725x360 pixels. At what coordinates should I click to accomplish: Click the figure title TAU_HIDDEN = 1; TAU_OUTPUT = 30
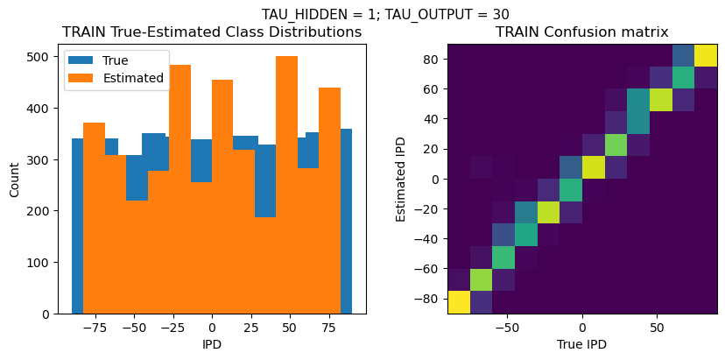tap(385, 14)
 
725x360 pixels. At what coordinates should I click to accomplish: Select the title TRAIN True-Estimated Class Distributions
tap(212, 32)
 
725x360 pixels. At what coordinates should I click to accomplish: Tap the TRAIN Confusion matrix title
tap(581, 32)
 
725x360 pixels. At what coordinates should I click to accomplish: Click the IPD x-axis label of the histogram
tap(211, 344)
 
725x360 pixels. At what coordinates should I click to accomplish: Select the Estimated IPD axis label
tap(401, 179)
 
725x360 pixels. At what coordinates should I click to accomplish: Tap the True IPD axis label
tap(581, 344)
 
